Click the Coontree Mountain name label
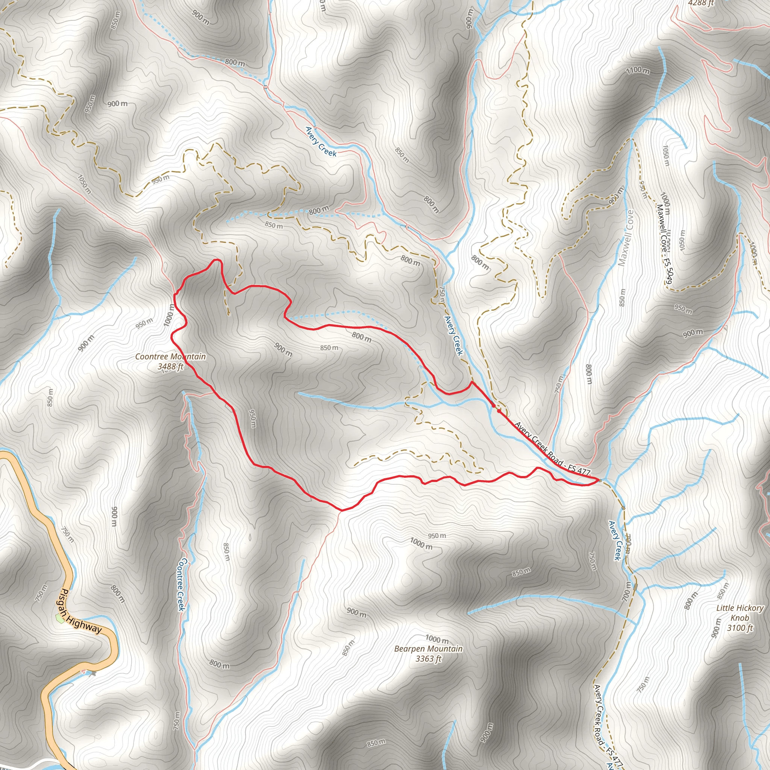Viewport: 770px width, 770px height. point(170,356)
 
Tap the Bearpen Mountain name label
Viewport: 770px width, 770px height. point(429,649)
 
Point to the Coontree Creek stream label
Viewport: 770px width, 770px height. point(181,584)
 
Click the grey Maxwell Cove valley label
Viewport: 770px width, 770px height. point(625,238)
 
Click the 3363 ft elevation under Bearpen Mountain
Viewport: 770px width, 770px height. point(429,659)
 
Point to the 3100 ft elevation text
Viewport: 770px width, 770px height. point(740,628)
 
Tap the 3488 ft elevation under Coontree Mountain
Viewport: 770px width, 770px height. point(170,366)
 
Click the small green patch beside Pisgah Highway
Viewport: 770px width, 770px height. point(60,618)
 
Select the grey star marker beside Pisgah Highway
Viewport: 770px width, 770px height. point(93,673)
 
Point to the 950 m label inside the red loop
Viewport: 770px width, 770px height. point(252,418)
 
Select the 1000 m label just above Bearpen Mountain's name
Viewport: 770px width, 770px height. point(437,640)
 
